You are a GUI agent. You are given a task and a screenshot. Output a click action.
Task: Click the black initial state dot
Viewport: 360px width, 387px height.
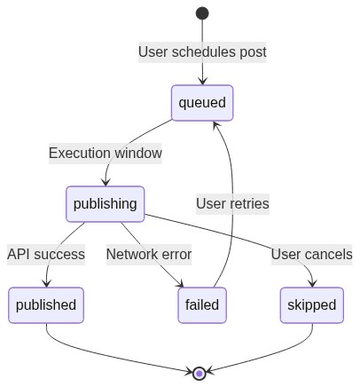click(x=202, y=13)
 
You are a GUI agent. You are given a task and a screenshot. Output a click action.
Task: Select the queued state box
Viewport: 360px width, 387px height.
click(x=202, y=103)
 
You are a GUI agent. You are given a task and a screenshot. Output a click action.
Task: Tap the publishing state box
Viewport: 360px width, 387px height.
click(x=106, y=204)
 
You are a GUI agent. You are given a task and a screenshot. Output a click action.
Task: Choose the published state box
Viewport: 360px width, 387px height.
click(x=46, y=305)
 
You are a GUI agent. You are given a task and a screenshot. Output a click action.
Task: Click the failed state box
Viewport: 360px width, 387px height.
click(x=202, y=305)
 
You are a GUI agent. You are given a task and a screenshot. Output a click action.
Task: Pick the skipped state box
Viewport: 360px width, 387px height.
click(x=312, y=305)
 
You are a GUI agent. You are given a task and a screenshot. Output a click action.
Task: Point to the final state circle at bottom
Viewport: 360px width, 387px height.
click(x=200, y=374)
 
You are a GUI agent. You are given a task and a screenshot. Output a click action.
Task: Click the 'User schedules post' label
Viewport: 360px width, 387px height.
click(x=202, y=51)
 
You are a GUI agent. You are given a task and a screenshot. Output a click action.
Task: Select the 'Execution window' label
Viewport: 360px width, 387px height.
click(x=106, y=153)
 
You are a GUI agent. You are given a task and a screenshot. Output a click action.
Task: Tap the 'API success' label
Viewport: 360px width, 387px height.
click(x=46, y=254)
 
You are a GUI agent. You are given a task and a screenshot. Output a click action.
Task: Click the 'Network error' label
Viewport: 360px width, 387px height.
click(x=149, y=254)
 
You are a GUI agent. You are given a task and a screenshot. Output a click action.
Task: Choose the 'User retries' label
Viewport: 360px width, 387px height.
click(x=232, y=203)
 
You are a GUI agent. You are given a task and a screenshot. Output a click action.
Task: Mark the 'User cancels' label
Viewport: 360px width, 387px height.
click(x=311, y=254)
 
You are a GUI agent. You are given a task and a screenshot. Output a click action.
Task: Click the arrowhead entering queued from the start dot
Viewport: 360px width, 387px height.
click(x=202, y=82)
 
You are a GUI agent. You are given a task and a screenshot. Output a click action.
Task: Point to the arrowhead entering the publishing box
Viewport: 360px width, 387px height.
click(x=106, y=183)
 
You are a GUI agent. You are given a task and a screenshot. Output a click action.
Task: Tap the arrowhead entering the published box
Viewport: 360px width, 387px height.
click(x=46, y=284)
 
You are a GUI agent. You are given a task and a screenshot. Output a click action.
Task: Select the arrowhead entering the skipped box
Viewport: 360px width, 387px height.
click(x=312, y=284)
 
